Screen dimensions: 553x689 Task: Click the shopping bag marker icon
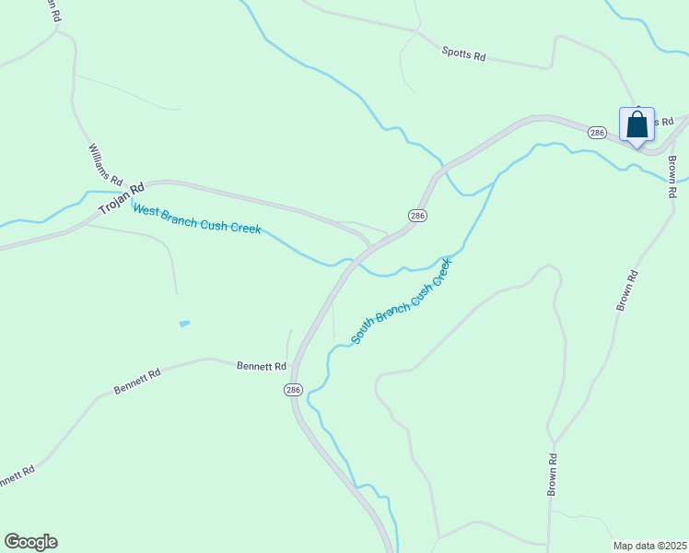[x=636, y=124]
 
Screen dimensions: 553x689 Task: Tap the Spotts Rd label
[x=462, y=54]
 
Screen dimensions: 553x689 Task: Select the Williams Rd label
[x=106, y=162]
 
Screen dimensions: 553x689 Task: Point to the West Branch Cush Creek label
[x=196, y=220]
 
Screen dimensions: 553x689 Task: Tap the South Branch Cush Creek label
[x=403, y=301]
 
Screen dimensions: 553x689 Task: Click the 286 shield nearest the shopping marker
[x=597, y=133]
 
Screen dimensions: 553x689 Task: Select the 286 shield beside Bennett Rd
[x=293, y=390]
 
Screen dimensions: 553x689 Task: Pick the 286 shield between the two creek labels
[x=416, y=215]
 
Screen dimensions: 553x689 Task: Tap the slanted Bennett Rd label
[x=137, y=382]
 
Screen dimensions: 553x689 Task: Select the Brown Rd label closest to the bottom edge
[x=553, y=475]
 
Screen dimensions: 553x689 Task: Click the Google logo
[x=30, y=542]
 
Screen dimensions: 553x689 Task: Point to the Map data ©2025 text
[x=648, y=545]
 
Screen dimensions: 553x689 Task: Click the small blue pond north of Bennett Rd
[x=184, y=324]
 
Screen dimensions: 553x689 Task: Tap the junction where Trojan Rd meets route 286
[x=371, y=246]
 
